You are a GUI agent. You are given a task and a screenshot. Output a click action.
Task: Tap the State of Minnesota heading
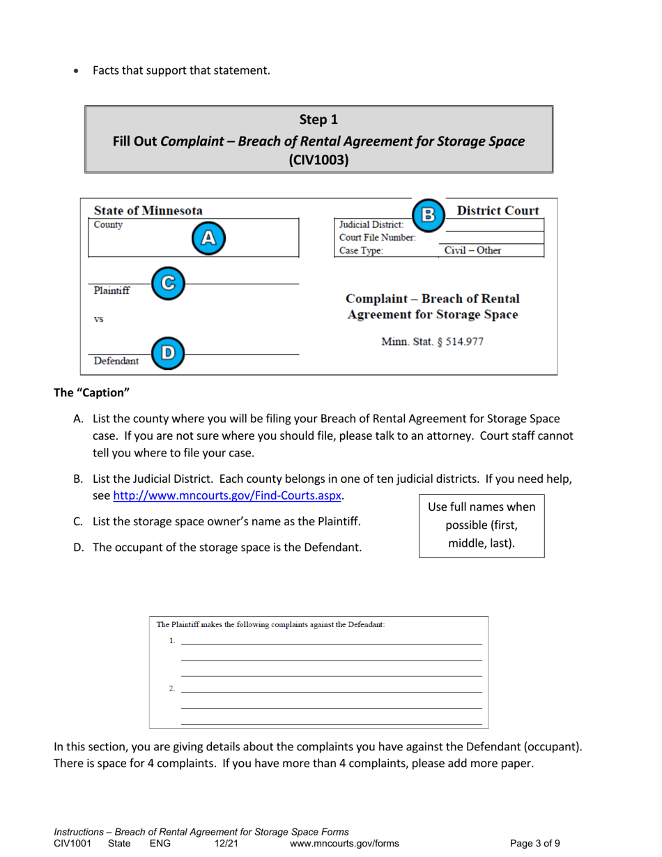148,210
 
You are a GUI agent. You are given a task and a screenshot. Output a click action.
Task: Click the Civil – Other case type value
472,251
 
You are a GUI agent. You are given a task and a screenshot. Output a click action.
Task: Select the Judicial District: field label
371,225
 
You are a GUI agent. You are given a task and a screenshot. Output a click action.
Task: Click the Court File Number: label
377,238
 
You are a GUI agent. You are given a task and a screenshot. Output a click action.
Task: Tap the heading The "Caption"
92,393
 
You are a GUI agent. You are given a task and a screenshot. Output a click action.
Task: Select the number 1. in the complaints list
171,641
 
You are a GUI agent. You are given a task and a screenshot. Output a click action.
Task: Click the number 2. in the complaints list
171,689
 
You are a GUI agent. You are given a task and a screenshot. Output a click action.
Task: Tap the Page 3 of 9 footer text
534,843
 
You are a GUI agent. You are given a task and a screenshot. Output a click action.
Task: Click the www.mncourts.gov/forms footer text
344,843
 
